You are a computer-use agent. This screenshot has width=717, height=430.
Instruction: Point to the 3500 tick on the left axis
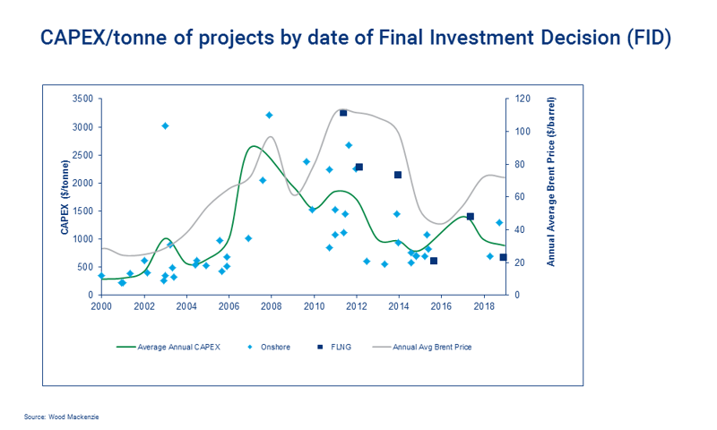coord(82,99)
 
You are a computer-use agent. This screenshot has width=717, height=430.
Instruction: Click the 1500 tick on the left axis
coord(82,211)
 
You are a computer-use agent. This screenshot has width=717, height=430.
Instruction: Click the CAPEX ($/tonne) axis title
coord(65,198)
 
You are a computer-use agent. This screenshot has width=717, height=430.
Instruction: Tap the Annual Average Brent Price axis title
coord(552,197)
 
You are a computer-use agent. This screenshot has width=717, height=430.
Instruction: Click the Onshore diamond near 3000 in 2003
coord(165,125)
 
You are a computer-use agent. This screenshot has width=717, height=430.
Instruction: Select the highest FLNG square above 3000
coord(343,113)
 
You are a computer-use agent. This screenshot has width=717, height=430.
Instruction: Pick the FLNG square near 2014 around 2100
coord(398,175)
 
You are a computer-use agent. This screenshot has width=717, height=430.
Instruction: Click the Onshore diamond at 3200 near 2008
coord(269,115)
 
